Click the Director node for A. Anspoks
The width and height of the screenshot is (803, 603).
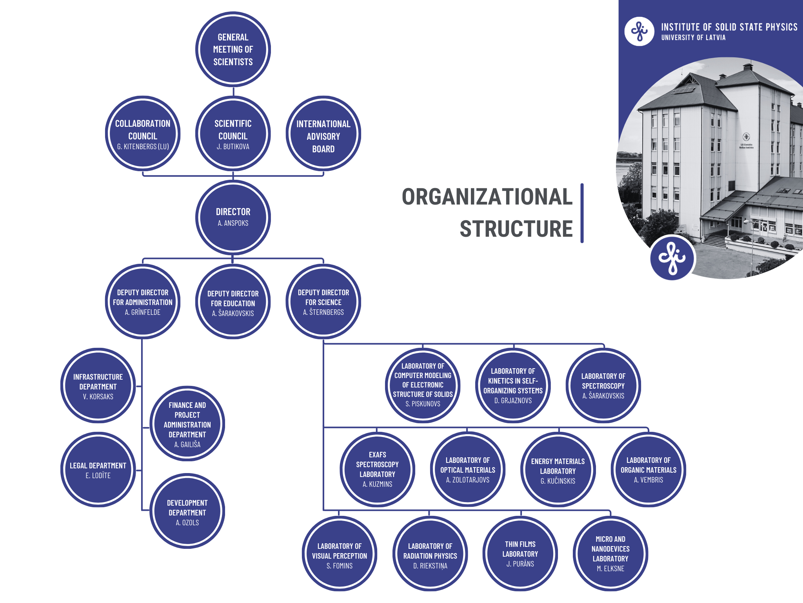(233, 217)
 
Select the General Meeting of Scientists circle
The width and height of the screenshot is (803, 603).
(233, 49)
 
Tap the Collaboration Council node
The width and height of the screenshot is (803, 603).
(143, 133)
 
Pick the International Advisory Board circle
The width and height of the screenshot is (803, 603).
(323, 133)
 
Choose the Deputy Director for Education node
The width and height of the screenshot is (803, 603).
(233, 301)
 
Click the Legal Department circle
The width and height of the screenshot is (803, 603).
(98, 470)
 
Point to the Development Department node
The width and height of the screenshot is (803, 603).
(187, 511)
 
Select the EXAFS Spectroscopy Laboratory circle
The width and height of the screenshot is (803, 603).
(377, 470)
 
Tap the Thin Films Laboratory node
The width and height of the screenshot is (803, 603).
(520, 554)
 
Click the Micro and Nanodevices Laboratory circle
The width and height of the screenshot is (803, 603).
(610, 554)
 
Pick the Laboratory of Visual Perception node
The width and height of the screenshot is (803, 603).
(340, 554)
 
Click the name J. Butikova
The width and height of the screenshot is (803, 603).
(233, 147)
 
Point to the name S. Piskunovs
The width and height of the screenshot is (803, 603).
(423, 404)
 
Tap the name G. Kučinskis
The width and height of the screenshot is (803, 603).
(558, 481)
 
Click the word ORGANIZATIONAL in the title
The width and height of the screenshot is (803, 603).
(487, 197)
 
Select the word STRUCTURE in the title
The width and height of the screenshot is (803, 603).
(516, 229)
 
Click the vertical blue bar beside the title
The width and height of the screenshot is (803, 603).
(582, 213)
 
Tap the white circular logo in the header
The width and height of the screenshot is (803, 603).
(639, 31)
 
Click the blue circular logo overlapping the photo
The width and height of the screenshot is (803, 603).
(672, 258)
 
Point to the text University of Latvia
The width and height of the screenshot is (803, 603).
(693, 38)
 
